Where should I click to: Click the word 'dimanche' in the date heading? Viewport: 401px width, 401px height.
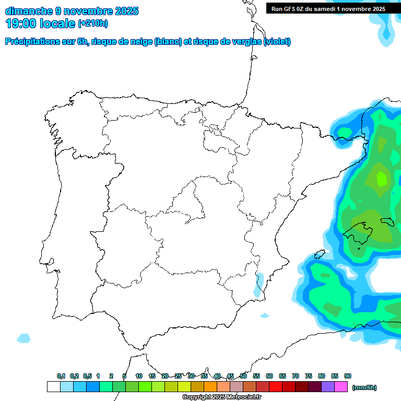pos(29,11)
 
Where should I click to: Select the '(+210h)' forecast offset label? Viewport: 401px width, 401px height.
pos(93,23)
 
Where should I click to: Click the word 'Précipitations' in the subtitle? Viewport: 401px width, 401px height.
pos(31,42)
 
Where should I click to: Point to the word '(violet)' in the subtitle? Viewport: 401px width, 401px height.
pos(277,42)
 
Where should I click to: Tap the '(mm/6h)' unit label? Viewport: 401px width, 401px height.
pos(364,387)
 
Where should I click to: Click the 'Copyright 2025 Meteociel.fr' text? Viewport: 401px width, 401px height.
pos(221,397)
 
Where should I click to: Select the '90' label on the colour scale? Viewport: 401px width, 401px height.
pos(348,376)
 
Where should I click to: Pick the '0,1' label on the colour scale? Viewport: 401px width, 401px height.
pos(61,376)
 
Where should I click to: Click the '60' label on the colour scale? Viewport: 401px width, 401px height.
pos(269,376)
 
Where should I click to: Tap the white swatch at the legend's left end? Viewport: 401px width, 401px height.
pos(53,386)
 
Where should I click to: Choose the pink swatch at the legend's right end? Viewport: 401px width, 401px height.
pos(341,386)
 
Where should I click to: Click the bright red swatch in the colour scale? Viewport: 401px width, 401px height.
pos(275,386)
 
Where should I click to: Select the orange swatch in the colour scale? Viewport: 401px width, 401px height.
pos(210,386)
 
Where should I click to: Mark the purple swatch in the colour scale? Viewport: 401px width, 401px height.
pos(328,386)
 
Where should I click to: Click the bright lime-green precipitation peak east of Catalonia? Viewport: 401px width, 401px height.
pos(382,179)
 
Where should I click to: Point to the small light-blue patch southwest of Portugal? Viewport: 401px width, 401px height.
pos(23,338)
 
